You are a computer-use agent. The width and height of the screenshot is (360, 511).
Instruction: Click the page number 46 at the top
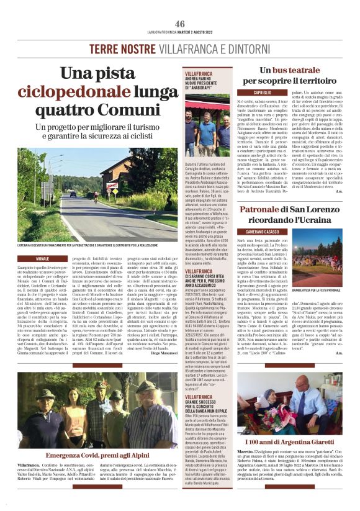(180, 24)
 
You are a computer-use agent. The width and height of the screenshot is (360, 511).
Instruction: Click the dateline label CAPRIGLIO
(249, 91)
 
